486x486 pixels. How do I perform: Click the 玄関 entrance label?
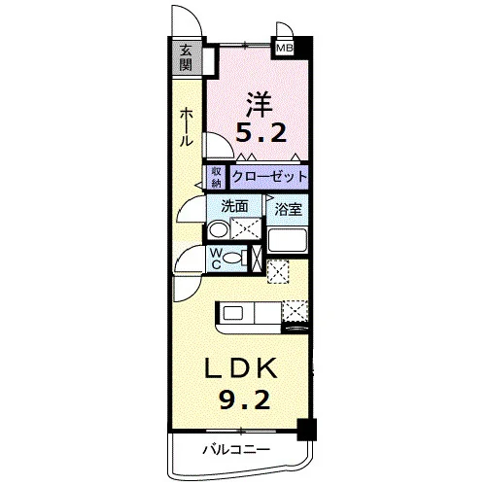tap(186, 58)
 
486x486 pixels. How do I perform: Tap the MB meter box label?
tap(285, 49)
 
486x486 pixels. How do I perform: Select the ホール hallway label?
tap(187, 127)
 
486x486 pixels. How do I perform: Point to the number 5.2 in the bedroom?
tap(260, 132)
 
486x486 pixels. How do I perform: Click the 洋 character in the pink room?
tap(259, 104)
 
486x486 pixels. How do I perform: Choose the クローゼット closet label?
tap(269, 177)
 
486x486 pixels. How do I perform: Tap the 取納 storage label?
tap(216, 177)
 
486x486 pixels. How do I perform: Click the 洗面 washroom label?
tap(234, 206)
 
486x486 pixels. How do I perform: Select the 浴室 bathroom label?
tap(288, 209)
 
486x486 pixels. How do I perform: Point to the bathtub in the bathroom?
tap(288, 240)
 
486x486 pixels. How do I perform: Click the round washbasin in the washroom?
tap(218, 229)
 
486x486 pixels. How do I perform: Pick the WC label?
tap(216, 259)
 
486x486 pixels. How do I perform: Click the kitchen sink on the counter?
tap(233, 314)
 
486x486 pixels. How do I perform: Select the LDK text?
tap(240, 368)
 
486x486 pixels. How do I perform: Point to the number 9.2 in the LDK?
tap(245, 399)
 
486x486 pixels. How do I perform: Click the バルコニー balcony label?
tap(236, 450)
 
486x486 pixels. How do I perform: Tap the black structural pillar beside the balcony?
tap(307, 430)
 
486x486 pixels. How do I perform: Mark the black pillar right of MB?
tap(303, 48)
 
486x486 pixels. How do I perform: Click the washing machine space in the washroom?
tap(245, 228)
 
